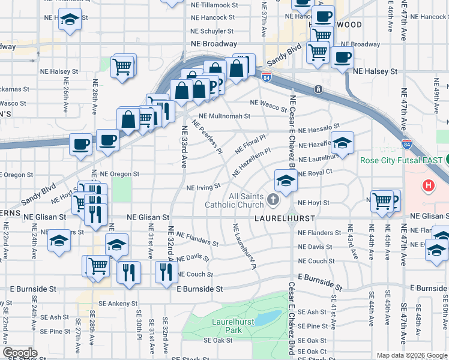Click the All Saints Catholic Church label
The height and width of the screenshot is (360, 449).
234,200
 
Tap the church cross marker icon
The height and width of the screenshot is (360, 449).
273,199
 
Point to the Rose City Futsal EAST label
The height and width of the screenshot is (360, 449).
401,161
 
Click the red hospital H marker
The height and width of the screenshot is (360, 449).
429,186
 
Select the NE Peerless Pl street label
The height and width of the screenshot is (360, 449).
207,136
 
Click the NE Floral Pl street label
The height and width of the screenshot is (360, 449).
250,143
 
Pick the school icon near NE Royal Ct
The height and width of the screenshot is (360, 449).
286,180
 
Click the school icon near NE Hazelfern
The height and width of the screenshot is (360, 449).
342,143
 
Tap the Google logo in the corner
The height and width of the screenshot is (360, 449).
20,353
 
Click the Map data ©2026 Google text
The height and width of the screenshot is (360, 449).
411,355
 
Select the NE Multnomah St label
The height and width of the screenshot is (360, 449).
224,116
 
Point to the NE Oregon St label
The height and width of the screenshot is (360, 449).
119,174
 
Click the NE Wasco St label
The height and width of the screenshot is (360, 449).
269,106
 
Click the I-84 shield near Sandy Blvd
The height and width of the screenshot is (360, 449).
266,76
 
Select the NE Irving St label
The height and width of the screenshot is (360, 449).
204,187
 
